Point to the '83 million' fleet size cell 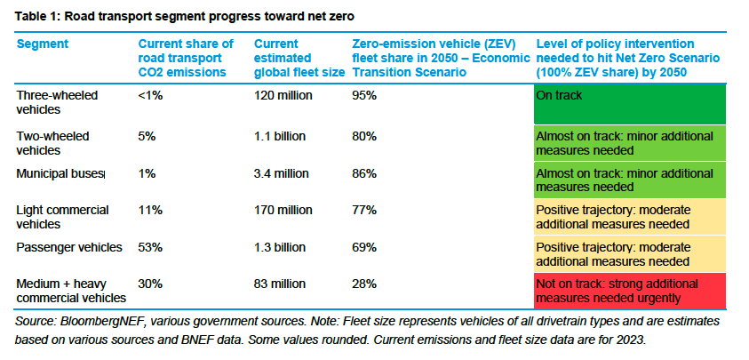(x=281, y=284)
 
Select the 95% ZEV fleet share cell (x=364, y=94)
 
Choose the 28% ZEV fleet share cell (x=364, y=284)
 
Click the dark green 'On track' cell (x=630, y=104)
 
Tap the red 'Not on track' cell (x=630, y=290)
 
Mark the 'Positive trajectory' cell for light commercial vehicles (x=630, y=216)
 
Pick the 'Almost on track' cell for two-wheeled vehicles (x=630, y=142)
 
